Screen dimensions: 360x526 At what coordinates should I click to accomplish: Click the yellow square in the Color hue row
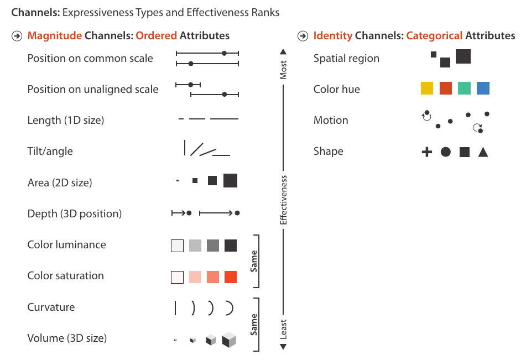click(426, 88)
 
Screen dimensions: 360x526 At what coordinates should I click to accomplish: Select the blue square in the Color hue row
click(483, 88)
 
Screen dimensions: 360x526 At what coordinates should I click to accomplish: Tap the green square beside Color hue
click(464, 88)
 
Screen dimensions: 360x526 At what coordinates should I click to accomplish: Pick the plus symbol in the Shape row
click(426, 152)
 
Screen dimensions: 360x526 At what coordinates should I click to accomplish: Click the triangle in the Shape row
click(483, 152)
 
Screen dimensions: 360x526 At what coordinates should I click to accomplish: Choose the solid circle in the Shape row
click(445, 152)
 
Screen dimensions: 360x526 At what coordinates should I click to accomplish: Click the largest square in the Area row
click(230, 180)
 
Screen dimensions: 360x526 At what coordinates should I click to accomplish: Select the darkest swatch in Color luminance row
click(230, 246)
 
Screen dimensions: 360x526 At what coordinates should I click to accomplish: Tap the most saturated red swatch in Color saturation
click(230, 277)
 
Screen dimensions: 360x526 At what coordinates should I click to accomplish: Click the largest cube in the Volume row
click(229, 340)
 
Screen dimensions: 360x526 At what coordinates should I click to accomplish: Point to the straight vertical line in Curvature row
click(175, 308)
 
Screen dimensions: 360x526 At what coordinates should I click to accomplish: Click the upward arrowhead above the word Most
click(283, 51)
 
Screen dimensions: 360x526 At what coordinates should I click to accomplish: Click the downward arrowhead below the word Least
click(283, 347)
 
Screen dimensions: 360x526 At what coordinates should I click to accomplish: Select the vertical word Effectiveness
click(283, 200)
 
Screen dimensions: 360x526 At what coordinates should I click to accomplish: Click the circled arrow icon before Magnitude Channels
click(17, 36)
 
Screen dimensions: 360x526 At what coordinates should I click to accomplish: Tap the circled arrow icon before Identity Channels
click(303, 36)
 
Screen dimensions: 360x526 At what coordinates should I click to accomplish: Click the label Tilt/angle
click(50, 152)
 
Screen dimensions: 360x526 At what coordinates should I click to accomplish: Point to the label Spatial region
click(346, 59)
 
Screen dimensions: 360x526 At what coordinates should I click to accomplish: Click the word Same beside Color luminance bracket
click(254, 261)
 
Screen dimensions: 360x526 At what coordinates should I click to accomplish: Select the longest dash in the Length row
click(224, 119)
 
